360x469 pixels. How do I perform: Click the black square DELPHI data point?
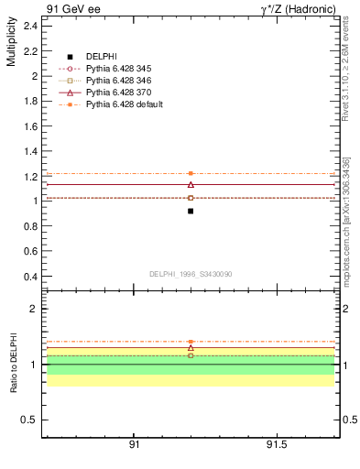(x=191, y=211)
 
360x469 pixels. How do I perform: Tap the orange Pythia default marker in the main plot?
(x=191, y=173)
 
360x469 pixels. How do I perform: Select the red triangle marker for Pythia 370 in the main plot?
(x=191, y=185)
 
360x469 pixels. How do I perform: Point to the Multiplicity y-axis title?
(x=12, y=46)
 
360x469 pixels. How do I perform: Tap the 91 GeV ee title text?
(x=72, y=9)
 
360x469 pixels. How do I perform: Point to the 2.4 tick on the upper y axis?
(x=30, y=26)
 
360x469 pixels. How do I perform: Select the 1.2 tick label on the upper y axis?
(x=30, y=176)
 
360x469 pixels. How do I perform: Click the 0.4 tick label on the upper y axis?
(x=30, y=276)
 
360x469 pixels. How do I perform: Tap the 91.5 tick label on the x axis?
(x=276, y=444)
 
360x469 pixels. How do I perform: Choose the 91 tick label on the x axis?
(x=134, y=444)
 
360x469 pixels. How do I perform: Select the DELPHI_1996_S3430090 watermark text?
(x=189, y=273)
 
